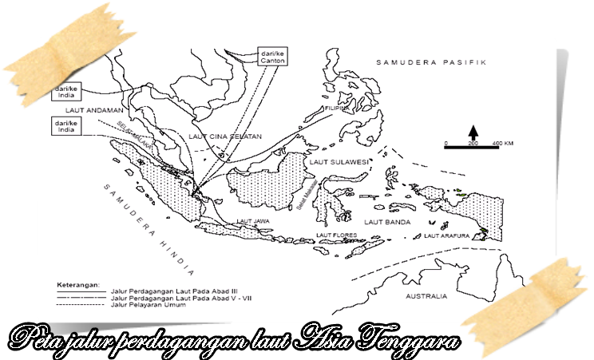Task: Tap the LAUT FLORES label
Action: tap(336, 235)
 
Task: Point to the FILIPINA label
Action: tap(336, 108)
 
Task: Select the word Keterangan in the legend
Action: tap(77, 284)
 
